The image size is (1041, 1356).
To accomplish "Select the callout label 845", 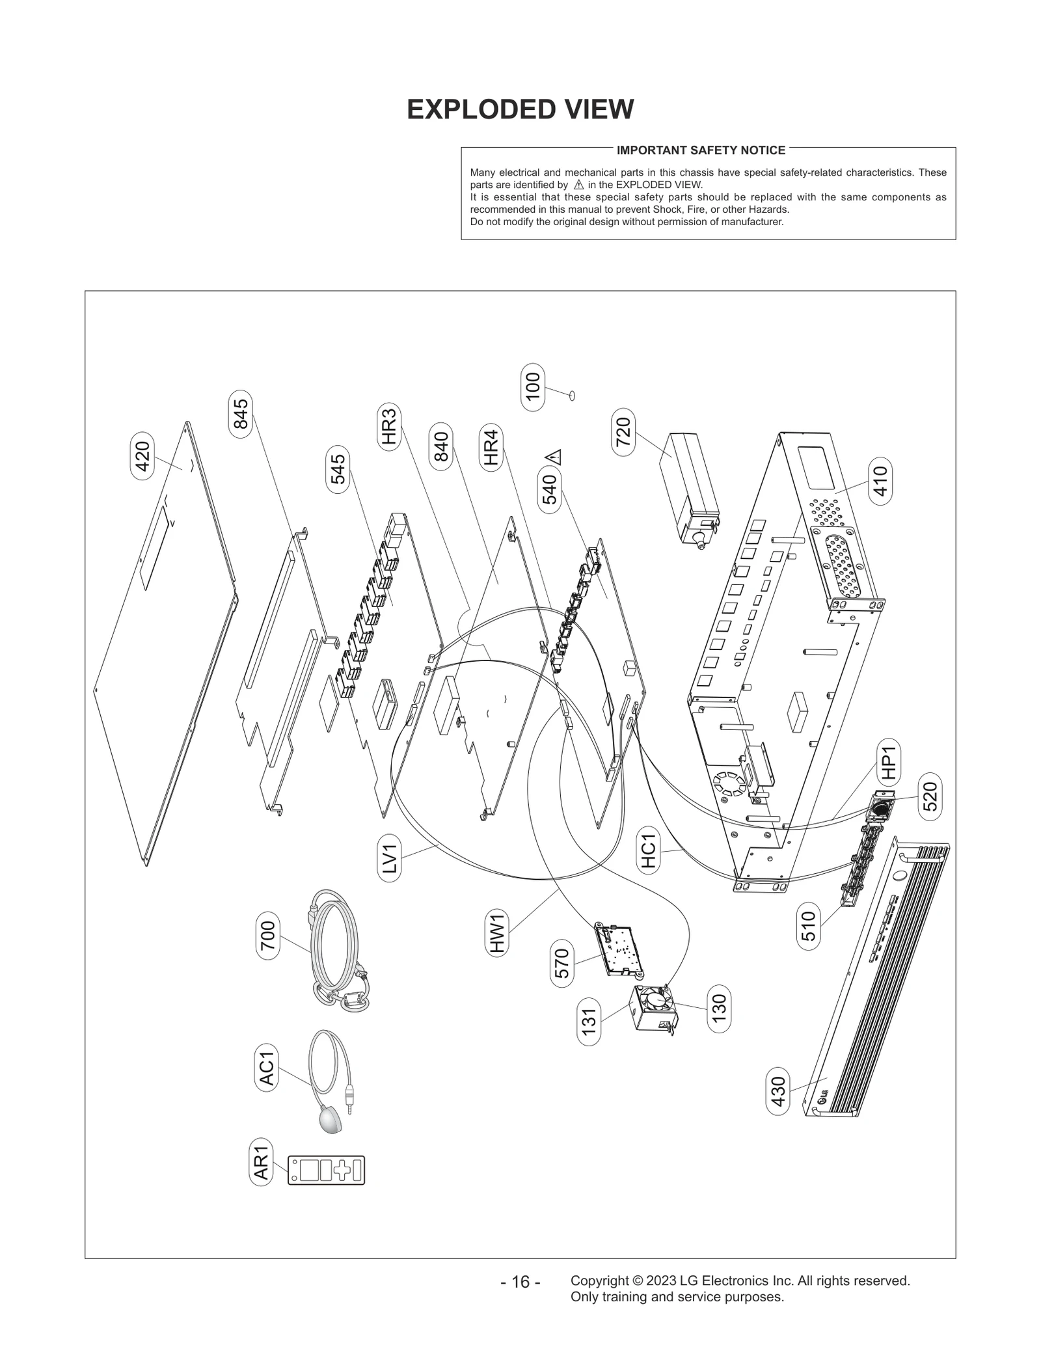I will pos(241,414).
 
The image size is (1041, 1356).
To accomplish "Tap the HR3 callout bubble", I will pos(389,426).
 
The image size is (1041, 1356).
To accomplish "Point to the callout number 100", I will pos(533,386).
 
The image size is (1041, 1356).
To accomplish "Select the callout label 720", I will pos(623,432).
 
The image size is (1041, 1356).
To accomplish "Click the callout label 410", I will pos(880,481).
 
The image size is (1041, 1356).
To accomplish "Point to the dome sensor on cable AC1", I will pos(332,1122).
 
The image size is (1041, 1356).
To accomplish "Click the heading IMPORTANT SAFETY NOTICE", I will pos(701,150).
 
